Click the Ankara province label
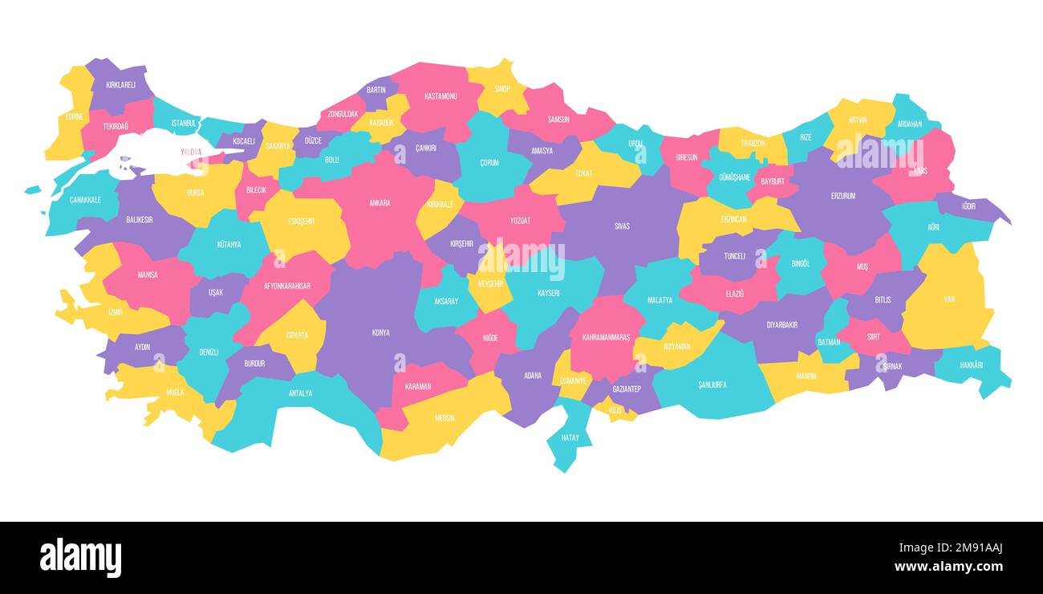pos(379,203)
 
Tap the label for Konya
pos(381,332)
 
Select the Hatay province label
pos(570,437)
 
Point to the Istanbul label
pos(184,124)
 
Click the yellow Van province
pos(949,299)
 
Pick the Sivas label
pos(622,226)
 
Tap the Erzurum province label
pos(843,196)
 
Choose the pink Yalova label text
pos(191,152)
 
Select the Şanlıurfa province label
pos(712,384)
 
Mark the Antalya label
pos(300,393)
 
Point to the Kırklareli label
pos(120,84)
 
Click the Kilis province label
pos(615,410)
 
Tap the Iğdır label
pos(969,206)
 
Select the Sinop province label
pos(502,89)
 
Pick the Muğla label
pos(175,393)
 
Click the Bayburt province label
pos(772,181)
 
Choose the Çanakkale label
pos(85,200)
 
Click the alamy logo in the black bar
pos(80,557)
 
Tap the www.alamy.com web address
pos(948,567)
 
